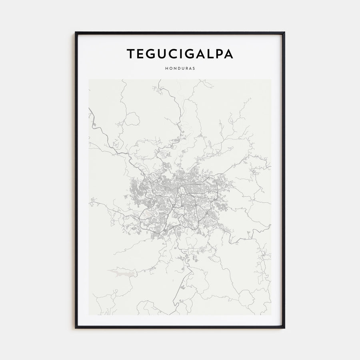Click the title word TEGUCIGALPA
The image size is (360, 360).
click(180, 54)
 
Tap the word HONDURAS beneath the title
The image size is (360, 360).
click(180, 68)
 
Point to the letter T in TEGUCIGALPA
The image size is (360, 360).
click(131, 54)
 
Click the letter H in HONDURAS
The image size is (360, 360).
click(166, 68)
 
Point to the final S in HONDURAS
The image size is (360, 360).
click(194, 68)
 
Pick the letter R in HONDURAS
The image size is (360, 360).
click(186, 68)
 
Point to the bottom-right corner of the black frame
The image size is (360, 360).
click(284, 328)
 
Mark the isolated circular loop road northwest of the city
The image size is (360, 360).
click(132, 119)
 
